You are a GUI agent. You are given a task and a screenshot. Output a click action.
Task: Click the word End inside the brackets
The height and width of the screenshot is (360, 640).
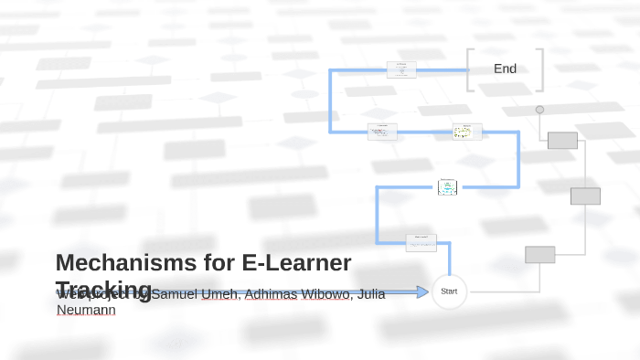pos(505,69)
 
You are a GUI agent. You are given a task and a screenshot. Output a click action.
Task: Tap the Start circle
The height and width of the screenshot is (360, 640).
pos(449,291)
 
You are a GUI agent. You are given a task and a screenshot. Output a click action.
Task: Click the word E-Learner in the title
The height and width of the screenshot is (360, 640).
pos(296,263)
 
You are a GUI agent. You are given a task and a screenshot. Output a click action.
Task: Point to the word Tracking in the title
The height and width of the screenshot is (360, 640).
pos(103,289)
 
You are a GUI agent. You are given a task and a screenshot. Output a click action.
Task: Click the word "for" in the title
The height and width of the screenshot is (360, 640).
pos(219,263)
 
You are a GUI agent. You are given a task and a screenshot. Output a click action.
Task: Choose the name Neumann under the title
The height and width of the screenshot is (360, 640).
pos(86,310)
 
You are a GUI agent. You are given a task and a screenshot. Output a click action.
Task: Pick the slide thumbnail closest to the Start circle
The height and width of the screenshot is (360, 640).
pos(421,242)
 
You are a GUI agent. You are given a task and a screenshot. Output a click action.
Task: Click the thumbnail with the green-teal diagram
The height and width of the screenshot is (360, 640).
pos(447,186)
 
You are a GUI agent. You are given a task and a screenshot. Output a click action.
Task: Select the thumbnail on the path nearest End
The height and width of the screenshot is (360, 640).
pos(401,69)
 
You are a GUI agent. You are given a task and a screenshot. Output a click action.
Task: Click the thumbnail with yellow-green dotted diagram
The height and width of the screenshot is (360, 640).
pos(467,132)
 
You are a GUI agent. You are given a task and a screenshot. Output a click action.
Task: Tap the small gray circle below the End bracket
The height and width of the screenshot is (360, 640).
pos(539,110)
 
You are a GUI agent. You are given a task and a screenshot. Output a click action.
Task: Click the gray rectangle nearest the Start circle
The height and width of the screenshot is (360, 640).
pos(539,254)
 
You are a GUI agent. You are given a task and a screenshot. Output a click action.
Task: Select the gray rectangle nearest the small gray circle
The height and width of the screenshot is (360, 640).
pos(562,140)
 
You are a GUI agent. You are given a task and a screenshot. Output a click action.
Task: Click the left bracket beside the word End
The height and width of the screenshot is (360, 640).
pos(470,69)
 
